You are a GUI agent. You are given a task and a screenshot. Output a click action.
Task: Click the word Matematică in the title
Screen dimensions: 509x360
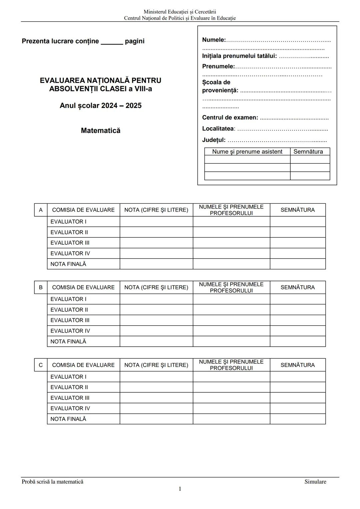(x=100, y=131)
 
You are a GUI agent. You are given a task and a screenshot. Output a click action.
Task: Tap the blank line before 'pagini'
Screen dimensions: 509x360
(x=112, y=42)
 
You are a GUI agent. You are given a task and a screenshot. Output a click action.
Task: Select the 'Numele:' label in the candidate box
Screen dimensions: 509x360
(x=214, y=40)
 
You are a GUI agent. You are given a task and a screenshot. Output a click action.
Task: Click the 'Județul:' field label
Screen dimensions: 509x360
(x=214, y=140)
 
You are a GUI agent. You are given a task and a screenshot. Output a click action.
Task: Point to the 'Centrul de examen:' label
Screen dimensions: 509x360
(x=230, y=118)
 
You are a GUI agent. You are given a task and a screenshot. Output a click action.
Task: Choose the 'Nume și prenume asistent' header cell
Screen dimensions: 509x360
(x=247, y=152)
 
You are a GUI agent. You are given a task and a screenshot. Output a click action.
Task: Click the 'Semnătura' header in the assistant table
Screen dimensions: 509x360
(x=308, y=152)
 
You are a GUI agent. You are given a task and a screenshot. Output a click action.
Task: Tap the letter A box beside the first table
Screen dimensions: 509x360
(x=41, y=210)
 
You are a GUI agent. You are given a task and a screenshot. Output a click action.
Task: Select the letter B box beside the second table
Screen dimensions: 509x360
(x=41, y=287)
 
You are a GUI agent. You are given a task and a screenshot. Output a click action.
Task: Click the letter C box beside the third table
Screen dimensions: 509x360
(x=41, y=365)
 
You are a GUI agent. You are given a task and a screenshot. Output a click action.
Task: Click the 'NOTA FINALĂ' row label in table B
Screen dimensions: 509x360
(x=68, y=341)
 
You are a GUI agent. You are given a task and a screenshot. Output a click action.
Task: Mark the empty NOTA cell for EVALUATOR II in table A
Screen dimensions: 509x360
(x=156, y=232)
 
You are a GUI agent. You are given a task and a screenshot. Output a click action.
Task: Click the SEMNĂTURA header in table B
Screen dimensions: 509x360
(x=297, y=287)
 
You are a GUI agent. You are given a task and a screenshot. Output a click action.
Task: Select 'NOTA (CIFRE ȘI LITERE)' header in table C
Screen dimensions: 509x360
(x=156, y=365)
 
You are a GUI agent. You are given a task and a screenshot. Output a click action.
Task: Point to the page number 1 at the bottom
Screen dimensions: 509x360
(x=180, y=489)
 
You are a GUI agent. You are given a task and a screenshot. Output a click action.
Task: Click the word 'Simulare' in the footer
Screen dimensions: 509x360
(x=315, y=482)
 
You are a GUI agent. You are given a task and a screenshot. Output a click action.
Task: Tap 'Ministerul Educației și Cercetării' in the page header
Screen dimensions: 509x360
(x=180, y=12)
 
